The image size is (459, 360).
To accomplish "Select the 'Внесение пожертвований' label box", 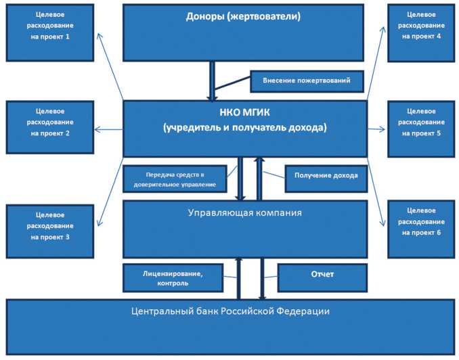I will (307, 81).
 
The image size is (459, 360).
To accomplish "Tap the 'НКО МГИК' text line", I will (244, 112).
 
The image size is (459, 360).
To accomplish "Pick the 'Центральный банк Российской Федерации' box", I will (230, 325).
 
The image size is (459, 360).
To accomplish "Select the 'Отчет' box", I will (322, 276).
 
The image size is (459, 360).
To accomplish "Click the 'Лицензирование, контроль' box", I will (173, 277).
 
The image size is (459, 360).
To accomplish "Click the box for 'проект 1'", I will (50, 32).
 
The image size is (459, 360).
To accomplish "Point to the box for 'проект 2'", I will (50, 128).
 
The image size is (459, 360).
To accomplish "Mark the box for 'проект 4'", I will (420, 32).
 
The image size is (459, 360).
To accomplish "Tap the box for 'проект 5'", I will (420, 128).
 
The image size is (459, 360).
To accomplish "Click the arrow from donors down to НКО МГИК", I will (212, 81).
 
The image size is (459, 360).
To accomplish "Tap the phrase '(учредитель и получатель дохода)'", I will (244, 127).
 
